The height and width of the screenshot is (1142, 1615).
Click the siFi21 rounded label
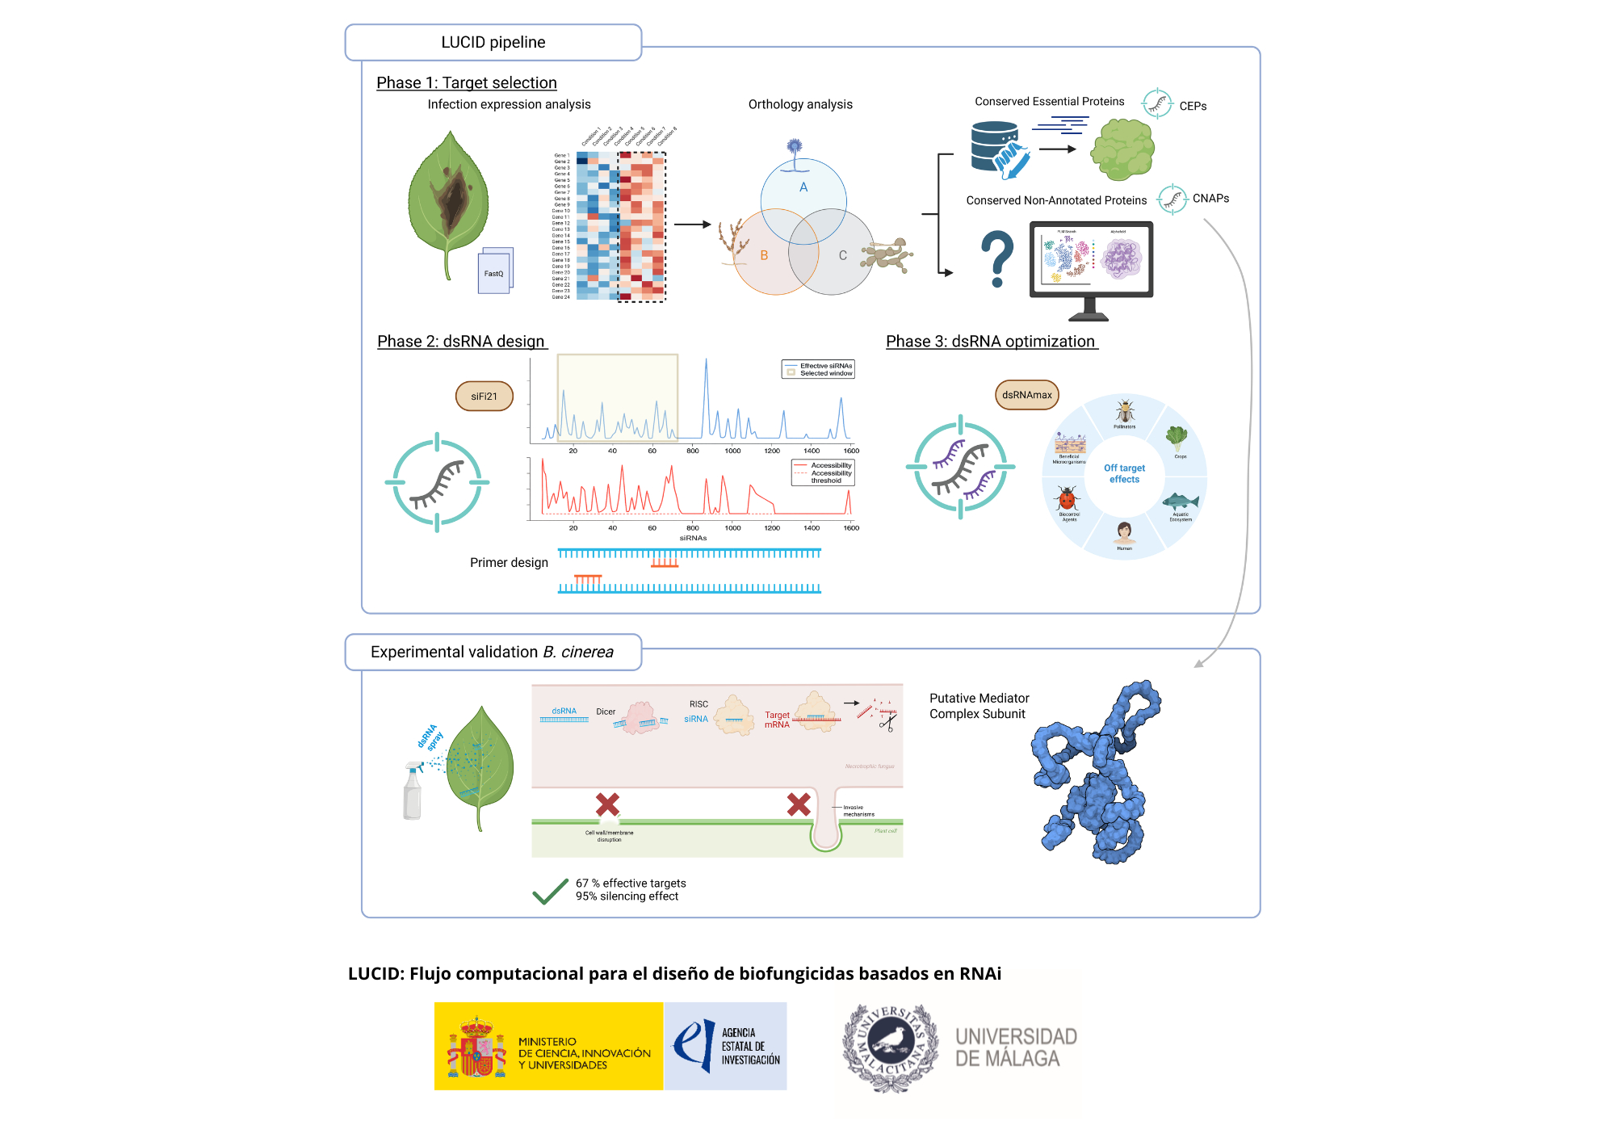pos(484,397)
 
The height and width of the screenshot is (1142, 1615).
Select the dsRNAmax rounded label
pos(1026,395)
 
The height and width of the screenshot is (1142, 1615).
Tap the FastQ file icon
pos(495,271)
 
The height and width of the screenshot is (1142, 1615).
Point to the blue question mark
pos(998,258)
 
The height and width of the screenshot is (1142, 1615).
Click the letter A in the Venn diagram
pos(803,187)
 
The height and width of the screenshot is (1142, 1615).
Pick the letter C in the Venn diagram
pos(842,255)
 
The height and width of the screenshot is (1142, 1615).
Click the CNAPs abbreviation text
pos(1210,199)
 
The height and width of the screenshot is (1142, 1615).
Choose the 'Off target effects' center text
pos(1124,473)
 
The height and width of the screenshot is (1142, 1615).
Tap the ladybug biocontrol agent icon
pos(1068,498)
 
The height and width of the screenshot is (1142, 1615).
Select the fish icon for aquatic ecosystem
pos(1181,502)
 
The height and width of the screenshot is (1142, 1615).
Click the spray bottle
pos(413,792)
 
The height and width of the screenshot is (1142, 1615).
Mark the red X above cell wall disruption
pos(607,804)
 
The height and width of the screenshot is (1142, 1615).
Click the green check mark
pos(550,891)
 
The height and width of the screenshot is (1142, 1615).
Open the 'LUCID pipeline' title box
pos(493,43)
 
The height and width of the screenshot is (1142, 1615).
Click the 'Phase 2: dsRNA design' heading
pos(461,342)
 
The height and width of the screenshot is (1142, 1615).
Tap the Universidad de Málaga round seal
pos(890,1048)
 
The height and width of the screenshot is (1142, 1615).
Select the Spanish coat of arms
pos(476,1048)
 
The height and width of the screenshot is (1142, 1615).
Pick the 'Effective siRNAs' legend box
pos(818,369)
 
